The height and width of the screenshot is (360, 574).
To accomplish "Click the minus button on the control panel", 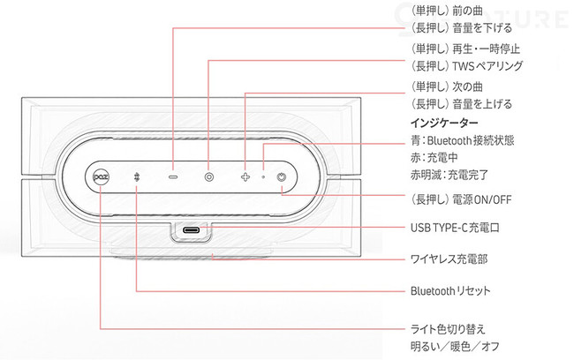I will coord(173,176).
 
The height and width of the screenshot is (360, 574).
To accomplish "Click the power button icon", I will coord(281,176).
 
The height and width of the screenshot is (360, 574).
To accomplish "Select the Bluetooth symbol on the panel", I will coord(137,176).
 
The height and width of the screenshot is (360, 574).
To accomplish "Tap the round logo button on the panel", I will coord(100,176).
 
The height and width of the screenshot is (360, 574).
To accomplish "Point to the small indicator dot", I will coord(262,176).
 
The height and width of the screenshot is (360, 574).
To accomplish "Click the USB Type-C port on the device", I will coord(192,231).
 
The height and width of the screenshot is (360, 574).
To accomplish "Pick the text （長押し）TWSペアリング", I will coord(462,66).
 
